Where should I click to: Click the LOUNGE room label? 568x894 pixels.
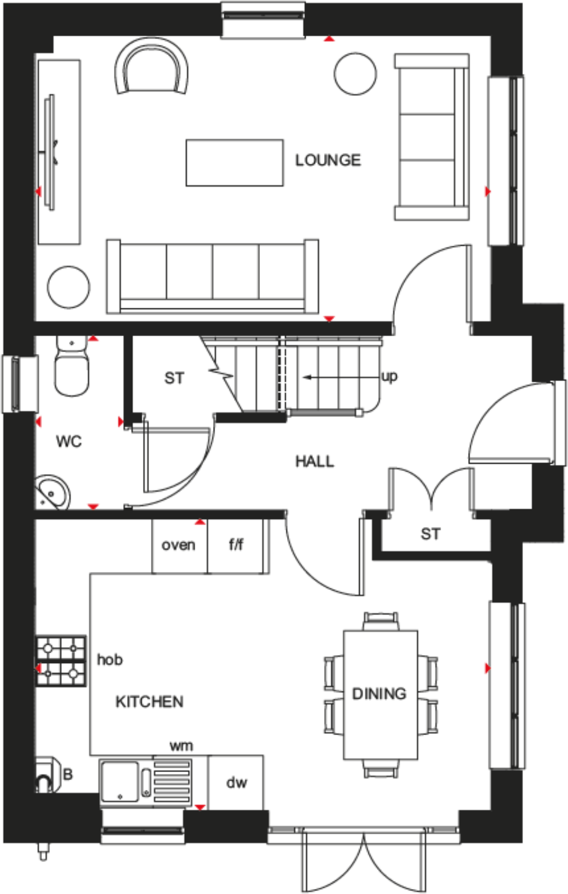coord(328,160)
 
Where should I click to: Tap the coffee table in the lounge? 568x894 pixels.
coord(235,163)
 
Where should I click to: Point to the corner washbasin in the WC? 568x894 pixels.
coord(54,493)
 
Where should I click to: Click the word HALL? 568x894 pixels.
coord(315,461)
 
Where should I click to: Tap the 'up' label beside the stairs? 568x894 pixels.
coord(389,376)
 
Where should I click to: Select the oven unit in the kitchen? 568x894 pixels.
coord(179,546)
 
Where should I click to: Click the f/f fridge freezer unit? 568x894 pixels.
coord(237,546)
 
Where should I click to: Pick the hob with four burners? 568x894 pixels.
coord(61,661)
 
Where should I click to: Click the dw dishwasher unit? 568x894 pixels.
coord(236,783)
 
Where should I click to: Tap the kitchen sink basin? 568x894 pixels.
coord(121,782)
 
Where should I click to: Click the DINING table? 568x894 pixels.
coord(379,694)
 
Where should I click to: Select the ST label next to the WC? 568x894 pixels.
coord(174,378)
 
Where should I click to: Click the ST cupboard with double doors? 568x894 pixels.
coord(431,534)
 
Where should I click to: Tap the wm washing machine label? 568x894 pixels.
coord(181,746)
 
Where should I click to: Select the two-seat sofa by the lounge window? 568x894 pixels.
coord(431,137)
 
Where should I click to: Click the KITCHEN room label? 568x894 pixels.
coord(149,702)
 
